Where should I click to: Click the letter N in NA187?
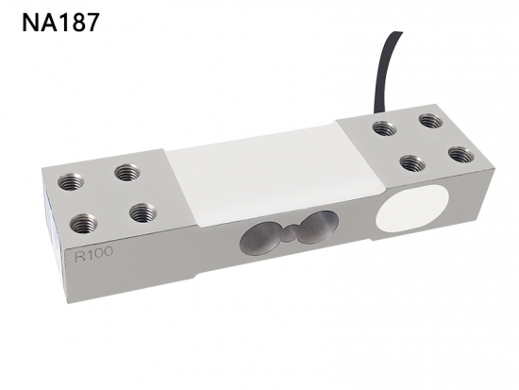coord(31,23)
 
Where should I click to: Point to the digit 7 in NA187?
coord(92,23)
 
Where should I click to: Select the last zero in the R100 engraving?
coord(107,252)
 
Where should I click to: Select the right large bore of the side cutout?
coord(318,227)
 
